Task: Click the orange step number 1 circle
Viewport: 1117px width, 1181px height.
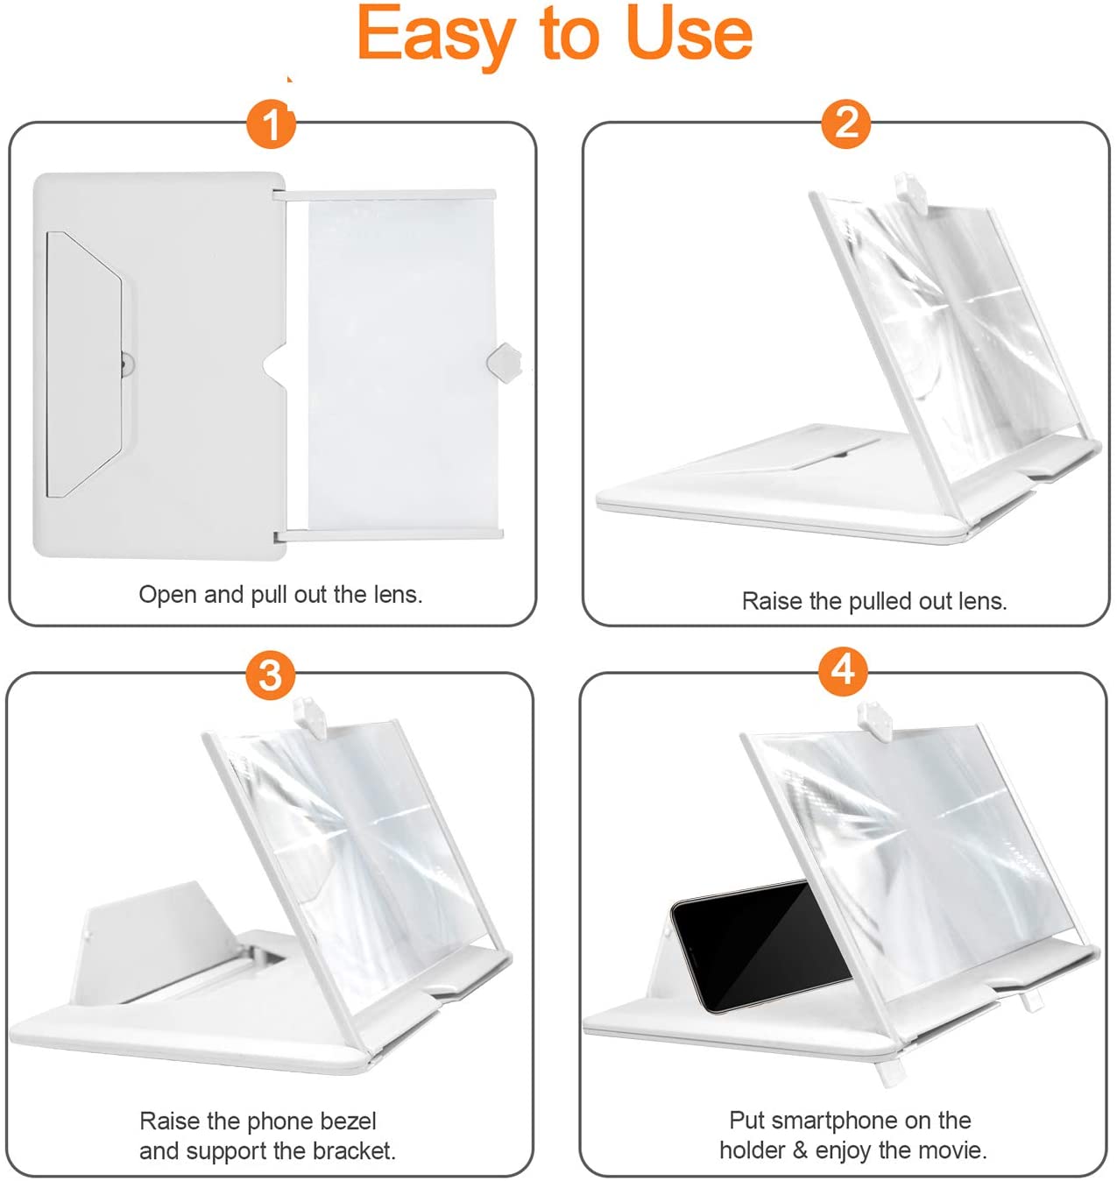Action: click(x=271, y=124)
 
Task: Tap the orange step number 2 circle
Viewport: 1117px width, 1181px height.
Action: click(x=845, y=124)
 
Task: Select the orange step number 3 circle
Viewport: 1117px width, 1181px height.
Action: click(x=270, y=675)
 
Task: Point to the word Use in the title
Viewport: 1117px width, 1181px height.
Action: click(x=689, y=33)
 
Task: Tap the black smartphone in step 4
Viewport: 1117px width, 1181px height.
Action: click(x=760, y=946)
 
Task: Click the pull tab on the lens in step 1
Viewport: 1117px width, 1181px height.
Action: click(x=504, y=362)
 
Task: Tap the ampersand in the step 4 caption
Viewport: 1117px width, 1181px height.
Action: click(x=799, y=1149)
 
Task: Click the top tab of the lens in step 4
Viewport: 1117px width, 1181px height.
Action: click(x=875, y=720)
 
